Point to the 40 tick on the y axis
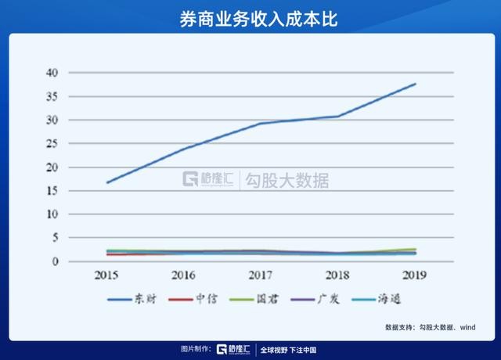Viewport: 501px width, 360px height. [x=52, y=73]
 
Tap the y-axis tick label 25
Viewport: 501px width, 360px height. [x=52, y=143]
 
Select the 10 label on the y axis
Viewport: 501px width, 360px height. [x=52, y=214]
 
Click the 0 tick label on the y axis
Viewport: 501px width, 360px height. [x=56, y=261]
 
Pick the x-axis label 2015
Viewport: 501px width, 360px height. [x=107, y=275]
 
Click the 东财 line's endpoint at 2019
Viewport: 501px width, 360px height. [x=415, y=84]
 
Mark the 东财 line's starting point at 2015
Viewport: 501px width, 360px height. [x=107, y=182]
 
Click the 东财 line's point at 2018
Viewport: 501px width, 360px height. [x=337, y=117]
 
